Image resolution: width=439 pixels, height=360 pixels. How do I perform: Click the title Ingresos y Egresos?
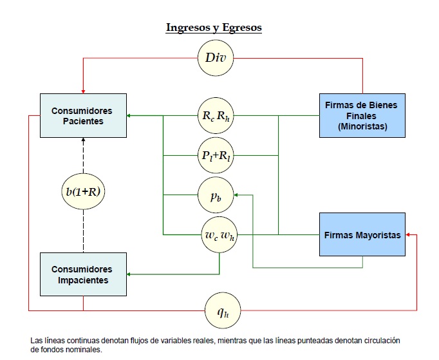(x=214, y=28)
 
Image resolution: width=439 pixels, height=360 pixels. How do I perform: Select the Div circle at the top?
(x=216, y=58)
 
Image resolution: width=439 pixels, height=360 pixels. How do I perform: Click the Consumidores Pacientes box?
(x=82, y=116)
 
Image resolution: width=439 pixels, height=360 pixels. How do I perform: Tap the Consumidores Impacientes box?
(x=82, y=275)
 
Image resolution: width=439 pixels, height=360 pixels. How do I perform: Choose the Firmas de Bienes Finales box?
(x=362, y=116)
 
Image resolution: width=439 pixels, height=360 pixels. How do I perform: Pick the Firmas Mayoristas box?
(x=362, y=235)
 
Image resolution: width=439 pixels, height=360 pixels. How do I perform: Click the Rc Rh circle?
(x=216, y=117)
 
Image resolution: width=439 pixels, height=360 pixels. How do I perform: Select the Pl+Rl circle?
(x=216, y=155)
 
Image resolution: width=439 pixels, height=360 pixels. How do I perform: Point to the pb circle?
(x=216, y=194)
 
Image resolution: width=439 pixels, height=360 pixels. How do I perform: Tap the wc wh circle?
(x=219, y=234)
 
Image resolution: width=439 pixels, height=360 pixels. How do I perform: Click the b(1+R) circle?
(x=83, y=191)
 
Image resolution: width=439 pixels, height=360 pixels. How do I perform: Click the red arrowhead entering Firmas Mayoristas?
(x=409, y=235)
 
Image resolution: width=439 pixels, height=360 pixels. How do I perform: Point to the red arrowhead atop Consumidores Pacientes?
(x=83, y=89)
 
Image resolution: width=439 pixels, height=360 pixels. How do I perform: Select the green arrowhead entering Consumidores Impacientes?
(x=129, y=275)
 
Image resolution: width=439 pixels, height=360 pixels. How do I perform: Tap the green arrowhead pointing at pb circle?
(x=236, y=194)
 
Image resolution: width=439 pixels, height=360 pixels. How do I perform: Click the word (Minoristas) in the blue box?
(x=362, y=127)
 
